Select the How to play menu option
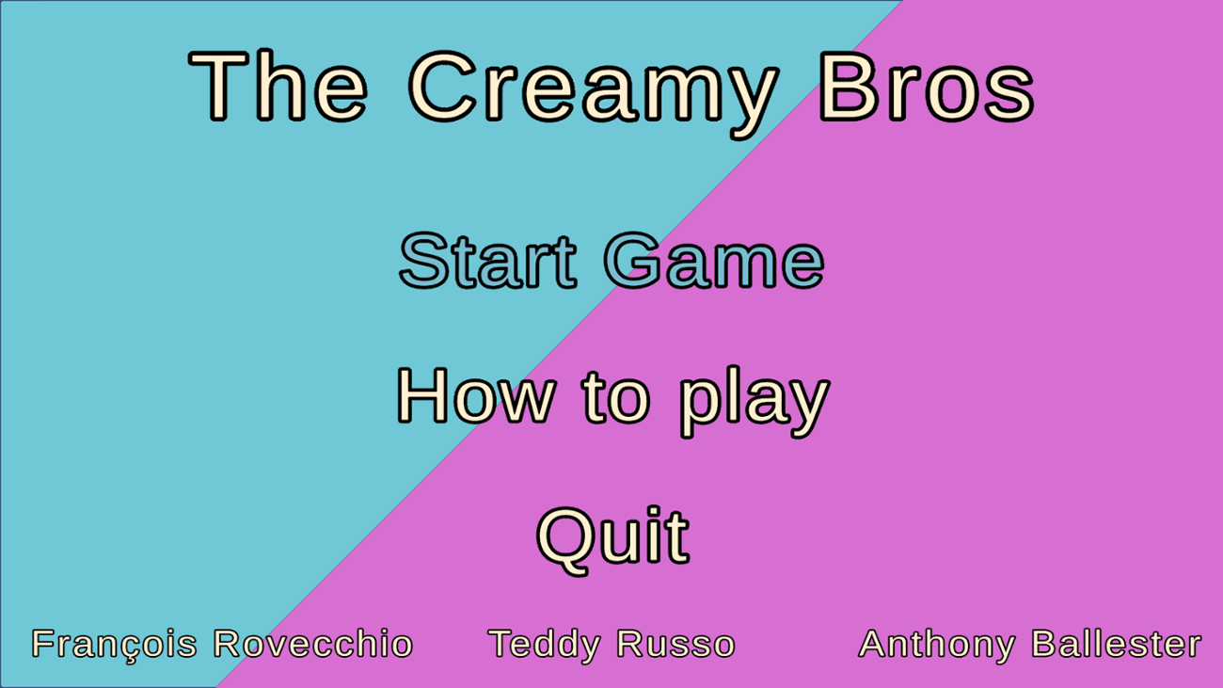[x=611, y=397]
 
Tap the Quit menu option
[x=612, y=536]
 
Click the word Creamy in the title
[x=594, y=88]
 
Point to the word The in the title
[x=278, y=87]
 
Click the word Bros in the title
[x=927, y=88]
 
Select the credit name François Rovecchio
[x=222, y=645]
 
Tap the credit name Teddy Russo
[x=611, y=645]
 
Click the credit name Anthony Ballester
[x=1030, y=645]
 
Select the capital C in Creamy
[x=445, y=87]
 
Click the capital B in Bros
[x=847, y=87]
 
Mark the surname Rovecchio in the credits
[x=313, y=645]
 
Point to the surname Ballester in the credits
[x=1117, y=645]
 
